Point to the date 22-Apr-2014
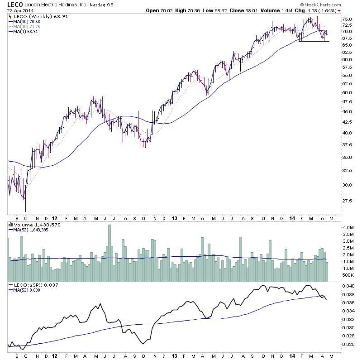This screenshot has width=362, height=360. click(x=17, y=11)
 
